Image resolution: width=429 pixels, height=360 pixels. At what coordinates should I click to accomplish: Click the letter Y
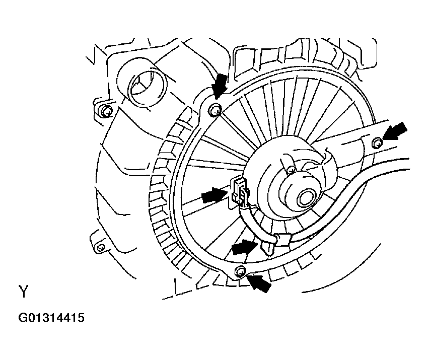pos(24,292)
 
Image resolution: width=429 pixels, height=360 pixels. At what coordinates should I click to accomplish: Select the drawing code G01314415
pos(51,318)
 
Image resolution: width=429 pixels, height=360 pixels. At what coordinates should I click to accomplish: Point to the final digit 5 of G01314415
pos(81,318)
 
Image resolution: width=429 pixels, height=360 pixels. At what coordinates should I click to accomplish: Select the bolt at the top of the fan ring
pos(216,110)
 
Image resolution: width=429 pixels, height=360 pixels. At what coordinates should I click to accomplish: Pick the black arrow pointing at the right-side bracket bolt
pos(395,131)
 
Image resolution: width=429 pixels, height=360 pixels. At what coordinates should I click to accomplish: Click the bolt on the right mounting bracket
pos(377,142)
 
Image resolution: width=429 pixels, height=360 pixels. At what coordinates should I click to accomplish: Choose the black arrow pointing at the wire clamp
pos(245,247)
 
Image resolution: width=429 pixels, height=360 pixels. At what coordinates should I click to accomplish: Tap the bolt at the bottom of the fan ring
pos(240,271)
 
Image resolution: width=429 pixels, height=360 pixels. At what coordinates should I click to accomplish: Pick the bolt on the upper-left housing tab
pos(107,111)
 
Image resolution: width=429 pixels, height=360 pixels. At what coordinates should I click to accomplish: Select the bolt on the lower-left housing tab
pos(101,248)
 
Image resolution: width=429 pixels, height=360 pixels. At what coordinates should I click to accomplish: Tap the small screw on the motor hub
pos(292,170)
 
